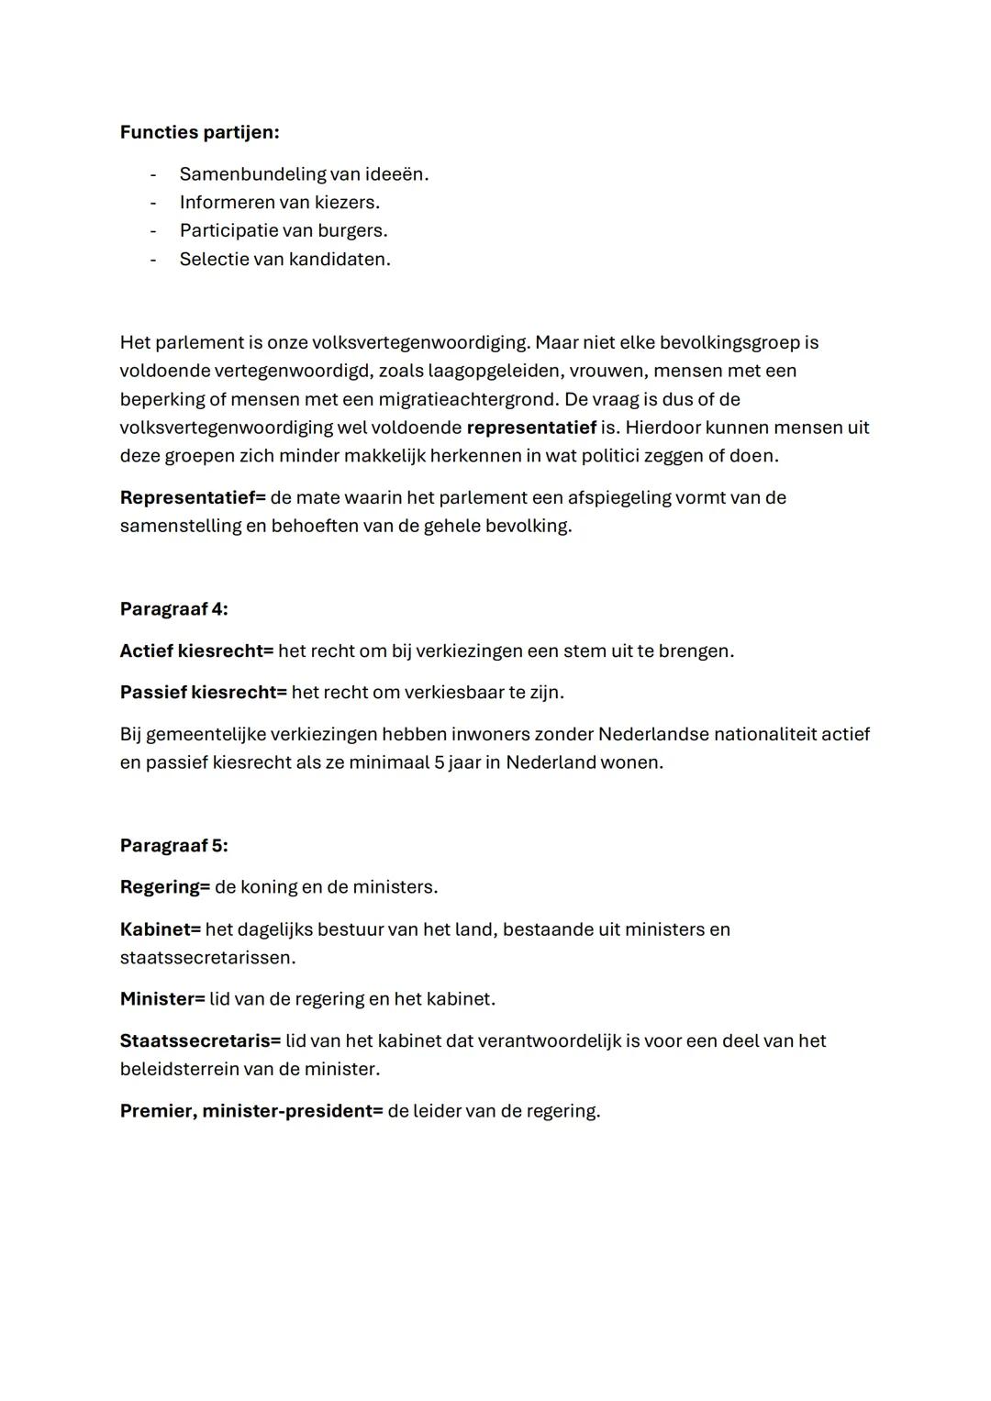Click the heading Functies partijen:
[x=199, y=132]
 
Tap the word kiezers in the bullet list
[x=345, y=203]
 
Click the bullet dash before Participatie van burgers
[x=153, y=230]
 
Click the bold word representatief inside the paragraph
[x=531, y=428]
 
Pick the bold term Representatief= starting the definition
[x=193, y=497]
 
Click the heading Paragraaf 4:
[x=173, y=609]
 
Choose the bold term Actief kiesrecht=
[x=196, y=651]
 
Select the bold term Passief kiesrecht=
[x=203, y=693]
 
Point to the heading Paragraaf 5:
[x=173, y=846]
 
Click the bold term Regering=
[x=165, y=887]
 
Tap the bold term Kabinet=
[x=161, y=929]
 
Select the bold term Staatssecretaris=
[x=200, y=1041]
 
